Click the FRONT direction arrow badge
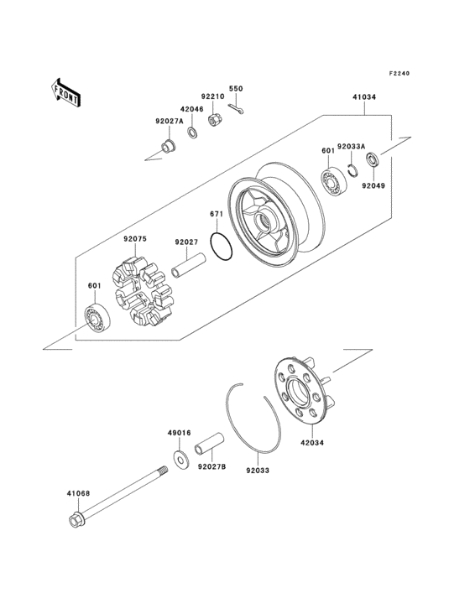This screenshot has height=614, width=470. [66, 91]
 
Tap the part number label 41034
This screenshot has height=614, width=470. [364, 98]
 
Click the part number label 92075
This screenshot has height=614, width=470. [136, 239]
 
